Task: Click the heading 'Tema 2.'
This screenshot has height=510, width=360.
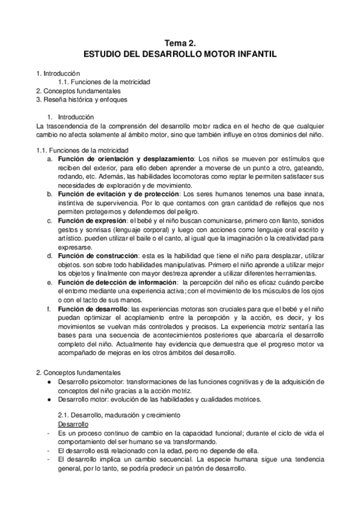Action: click(x=180, y=43)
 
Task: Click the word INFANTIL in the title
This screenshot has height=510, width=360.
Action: click(x=254, y=54)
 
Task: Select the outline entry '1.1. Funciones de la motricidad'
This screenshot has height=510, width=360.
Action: click(x=104, y=82)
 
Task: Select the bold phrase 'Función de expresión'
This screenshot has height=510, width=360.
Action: click(x=93, y=221)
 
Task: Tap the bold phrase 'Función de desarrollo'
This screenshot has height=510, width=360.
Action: click(x=93, y=309)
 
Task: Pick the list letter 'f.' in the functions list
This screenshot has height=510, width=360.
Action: click(x=49, y=309)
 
